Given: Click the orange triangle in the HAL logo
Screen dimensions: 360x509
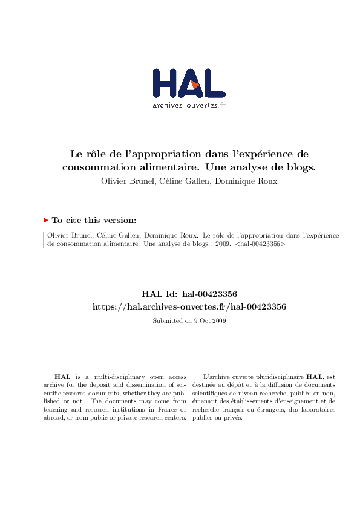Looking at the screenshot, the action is [195, 85].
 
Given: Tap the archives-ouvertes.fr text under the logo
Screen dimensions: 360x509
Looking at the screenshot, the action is [189, 105].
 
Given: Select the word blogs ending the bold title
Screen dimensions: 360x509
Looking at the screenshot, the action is [299, 167].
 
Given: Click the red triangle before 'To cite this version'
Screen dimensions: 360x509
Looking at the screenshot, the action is [46, 221].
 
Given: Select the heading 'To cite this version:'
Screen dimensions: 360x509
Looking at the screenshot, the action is [94, 221].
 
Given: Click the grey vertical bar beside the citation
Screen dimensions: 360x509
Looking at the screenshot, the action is [44, 240].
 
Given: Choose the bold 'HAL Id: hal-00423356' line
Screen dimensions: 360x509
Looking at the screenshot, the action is [189, 294].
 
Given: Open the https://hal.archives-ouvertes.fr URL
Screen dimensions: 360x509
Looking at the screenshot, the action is [189, 306].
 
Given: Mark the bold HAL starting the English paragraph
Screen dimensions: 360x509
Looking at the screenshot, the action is [62, 377].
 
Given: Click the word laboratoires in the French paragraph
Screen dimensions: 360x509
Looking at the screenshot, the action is [318, 409].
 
